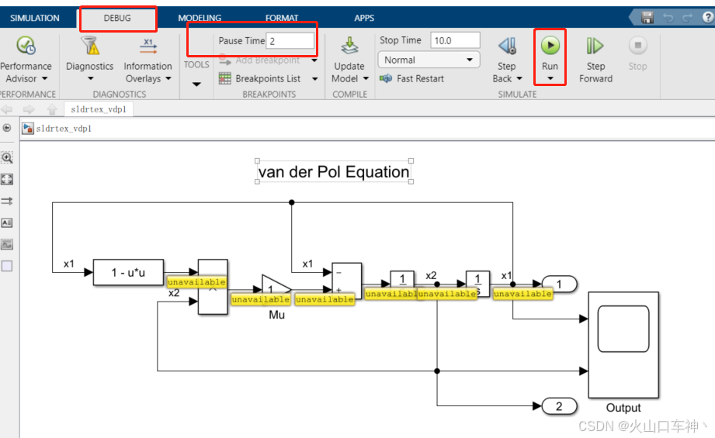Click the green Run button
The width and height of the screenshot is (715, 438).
tap(550, 46)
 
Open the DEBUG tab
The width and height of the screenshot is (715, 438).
tap(117, 18)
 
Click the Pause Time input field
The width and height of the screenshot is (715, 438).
tap(290, 41)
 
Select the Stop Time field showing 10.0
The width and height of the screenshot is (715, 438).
tap(455, 40)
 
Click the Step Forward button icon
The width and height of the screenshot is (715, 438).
tap(595, 46)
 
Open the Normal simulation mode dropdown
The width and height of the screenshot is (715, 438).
tap(429, 60)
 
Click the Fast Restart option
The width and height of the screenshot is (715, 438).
tap(420, 78)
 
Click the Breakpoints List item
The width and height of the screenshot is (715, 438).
tap(267, 78)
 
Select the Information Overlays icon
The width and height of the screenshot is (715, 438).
tap(148, 46)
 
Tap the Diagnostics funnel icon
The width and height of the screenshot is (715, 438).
tap(90, 46)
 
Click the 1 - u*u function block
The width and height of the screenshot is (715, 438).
tap(128, 272)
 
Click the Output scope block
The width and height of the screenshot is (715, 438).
tap(623, 344)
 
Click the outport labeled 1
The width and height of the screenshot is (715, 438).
tap(559, 285)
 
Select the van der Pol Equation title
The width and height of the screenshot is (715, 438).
tap(334, 172)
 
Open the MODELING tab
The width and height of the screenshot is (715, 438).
tap(200, 18)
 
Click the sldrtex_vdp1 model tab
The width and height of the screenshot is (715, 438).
tap(98, 109)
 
